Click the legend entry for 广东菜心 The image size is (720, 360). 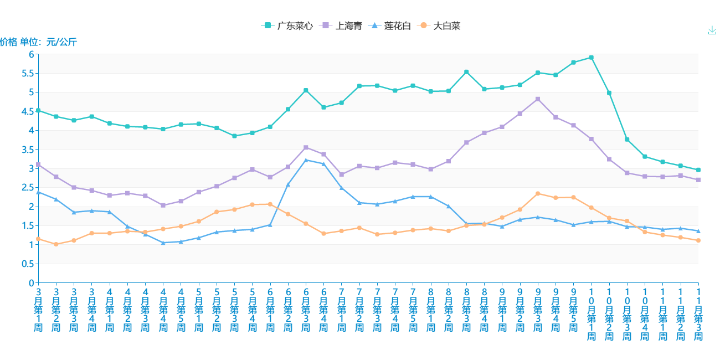pyautogui.click(x=287, y=25)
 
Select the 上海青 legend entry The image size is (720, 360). pyautogui.click(x=342, y=25)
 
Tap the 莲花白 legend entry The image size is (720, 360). pyautogui.click(x=391, y=25)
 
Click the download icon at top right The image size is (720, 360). pyautogui.click(x=712, y=30)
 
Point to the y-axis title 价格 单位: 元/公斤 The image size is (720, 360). pyautogui.click(x=38, y=42)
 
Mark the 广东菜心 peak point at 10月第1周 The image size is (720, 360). pyautogui.click(x=592, y=57)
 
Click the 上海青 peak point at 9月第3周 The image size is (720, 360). pyautogui.click(x=538, y=99)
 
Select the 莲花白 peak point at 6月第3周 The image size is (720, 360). pyautogui.click(x=306, y=160)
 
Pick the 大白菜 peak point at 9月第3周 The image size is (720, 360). pyautogui.click(x=538, y=193)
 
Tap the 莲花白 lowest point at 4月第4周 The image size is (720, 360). pyautogui.click(x=163, y=243)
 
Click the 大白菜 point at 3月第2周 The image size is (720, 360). pyautogui.click(x=56, y=244)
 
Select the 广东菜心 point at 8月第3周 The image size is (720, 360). pyautogui.click(x=466, y=72)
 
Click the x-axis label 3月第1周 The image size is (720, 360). pyautogui.click(x=38, y=310)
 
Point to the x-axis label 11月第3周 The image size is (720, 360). pyautogui.click(x=698, y=315)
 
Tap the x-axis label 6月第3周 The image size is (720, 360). pyautogui.click(x=306, y=310)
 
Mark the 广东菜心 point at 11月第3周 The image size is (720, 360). pyautogui.click(x=698, y=170)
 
